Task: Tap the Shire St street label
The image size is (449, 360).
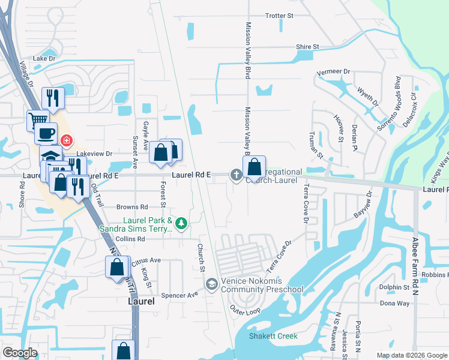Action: (307, 46)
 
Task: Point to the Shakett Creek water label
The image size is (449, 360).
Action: (274, 336)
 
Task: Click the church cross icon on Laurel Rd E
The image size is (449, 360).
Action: (237, 175)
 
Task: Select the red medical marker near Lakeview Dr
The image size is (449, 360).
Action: (67, 142)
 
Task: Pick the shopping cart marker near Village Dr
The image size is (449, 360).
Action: (37, 119)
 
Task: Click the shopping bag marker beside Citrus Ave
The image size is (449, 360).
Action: (117, 266)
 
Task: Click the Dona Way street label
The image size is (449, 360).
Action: (394, 304)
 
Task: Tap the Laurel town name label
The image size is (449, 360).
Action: (142, 301)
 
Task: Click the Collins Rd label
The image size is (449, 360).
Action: (130, 239)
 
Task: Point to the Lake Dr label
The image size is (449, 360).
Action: (44, 59)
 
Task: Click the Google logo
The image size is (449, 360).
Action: (20, 353)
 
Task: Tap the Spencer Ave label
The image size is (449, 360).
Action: (184, 295)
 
